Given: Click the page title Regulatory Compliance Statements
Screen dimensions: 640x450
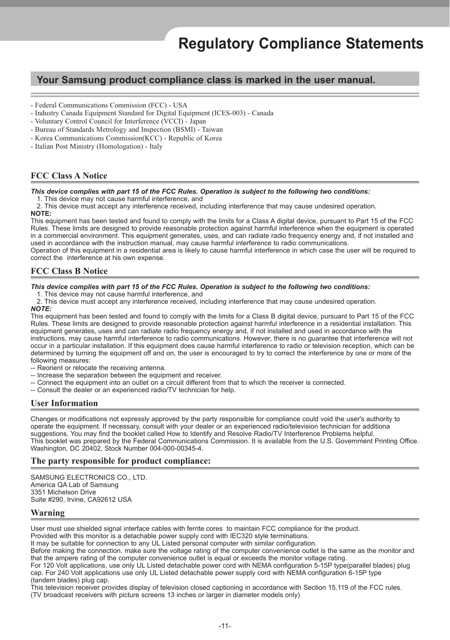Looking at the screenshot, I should coord(301,44).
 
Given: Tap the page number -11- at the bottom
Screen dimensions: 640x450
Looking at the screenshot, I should coord(225,626).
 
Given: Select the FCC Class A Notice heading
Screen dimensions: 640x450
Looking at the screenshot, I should coord(69,175).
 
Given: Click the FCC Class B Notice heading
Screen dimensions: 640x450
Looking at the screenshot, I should coord(69,271).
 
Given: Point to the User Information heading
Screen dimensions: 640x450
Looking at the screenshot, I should coord(64,403).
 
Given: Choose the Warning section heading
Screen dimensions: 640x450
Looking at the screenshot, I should coord(48,513).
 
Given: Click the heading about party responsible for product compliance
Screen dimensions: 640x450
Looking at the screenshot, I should coord(120,461).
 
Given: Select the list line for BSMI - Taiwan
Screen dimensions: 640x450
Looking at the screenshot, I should coord(126,130).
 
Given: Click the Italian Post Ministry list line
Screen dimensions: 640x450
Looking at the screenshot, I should coord(96,146).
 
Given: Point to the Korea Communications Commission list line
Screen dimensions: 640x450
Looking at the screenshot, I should coord(126,138).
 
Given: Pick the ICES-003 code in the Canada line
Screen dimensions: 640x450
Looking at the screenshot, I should coord(231,113).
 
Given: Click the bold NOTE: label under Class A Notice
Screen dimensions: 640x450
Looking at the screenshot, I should coord(41,214).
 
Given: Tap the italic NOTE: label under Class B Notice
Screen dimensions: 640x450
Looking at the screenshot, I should coord(41,309).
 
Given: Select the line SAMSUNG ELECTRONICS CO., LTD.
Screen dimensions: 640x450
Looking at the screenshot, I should coord(89,478).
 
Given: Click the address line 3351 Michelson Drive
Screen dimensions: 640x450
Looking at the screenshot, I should coord(63,492).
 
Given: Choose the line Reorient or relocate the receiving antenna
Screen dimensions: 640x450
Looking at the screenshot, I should coord(98,368).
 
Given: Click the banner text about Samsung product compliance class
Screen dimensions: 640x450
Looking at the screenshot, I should coord(206,80).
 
